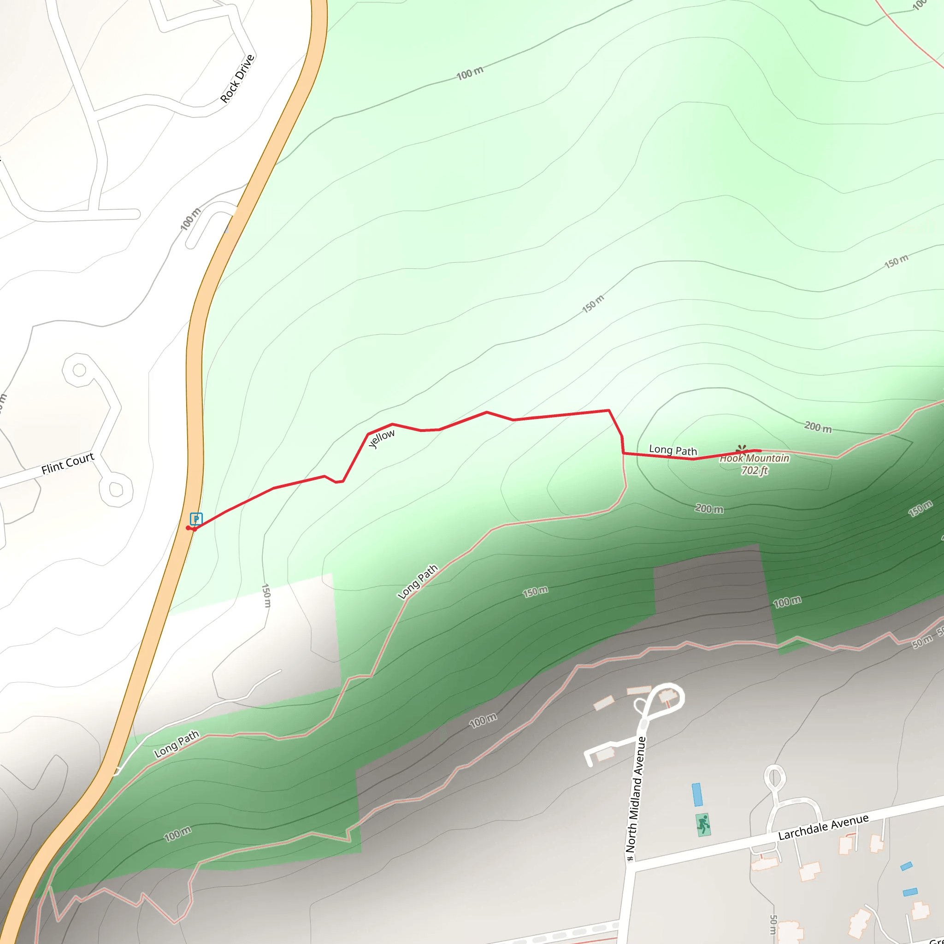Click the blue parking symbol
pos(196,519)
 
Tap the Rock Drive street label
pos(237,79)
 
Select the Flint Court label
pos(67,463)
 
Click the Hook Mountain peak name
pos(754,458)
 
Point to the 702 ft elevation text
pos(755,471)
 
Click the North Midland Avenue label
pos(636,794)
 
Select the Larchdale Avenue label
pos(823,827)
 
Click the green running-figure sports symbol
pos(702,824)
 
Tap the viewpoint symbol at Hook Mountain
pos(741,448)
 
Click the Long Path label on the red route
pos(673,450)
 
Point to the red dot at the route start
pos(188,528)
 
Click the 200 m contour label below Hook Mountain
pos(709,509)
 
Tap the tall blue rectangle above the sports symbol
pos(697,795)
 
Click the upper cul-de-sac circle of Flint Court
pos(79,369)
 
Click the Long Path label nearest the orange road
pos(177,743)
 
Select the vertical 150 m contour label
pos(266,596)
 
